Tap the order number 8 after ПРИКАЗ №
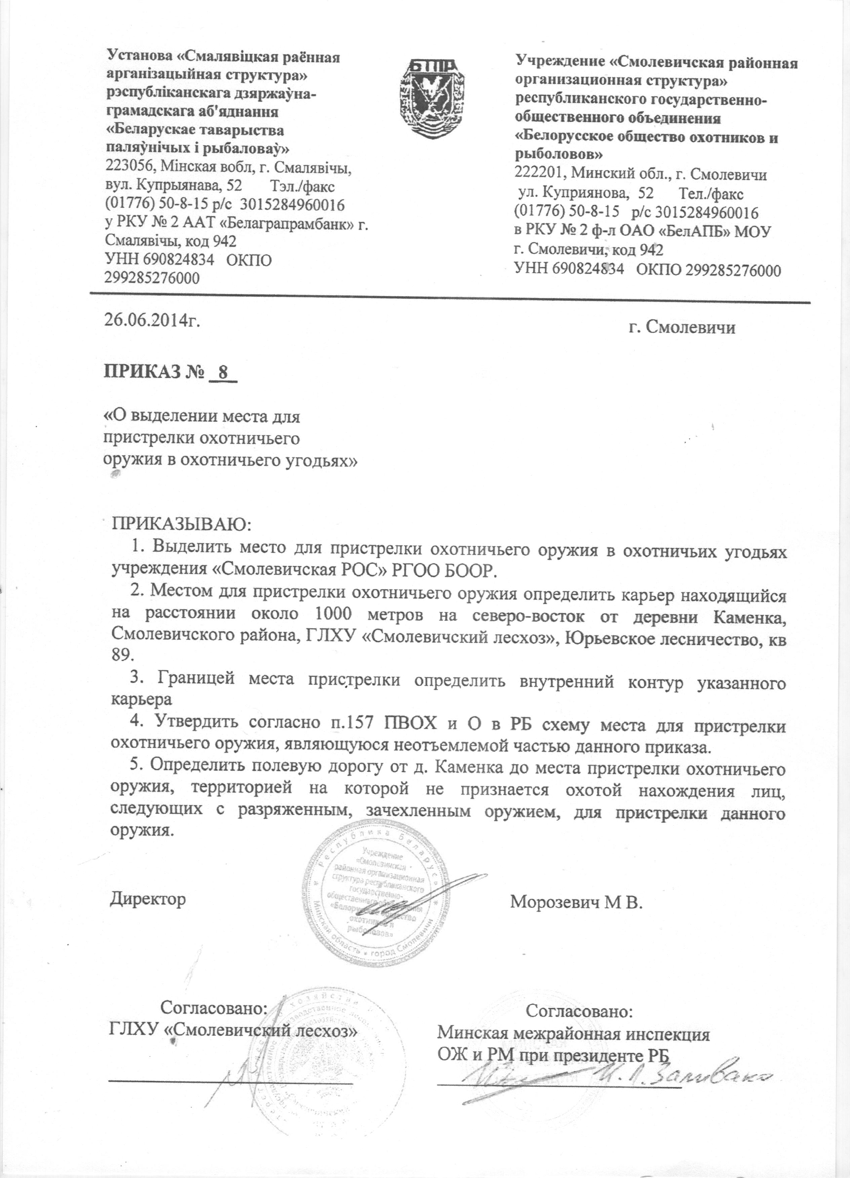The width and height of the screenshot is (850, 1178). pyautogui.click(x=224, y=373)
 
